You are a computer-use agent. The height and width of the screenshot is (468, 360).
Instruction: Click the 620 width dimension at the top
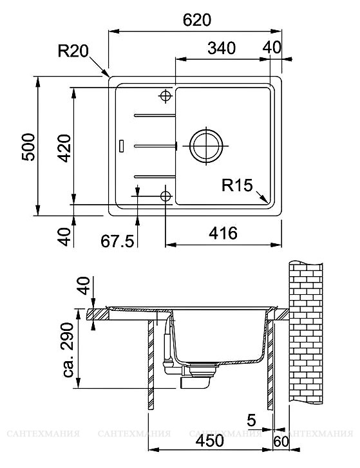196,21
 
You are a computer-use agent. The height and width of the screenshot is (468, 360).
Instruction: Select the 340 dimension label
222,48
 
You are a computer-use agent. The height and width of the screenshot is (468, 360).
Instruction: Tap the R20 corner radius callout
73,51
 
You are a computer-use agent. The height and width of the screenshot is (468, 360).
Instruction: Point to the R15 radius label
237,185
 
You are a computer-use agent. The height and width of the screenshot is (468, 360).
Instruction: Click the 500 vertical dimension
29,147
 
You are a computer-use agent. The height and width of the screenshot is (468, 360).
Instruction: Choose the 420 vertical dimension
64,148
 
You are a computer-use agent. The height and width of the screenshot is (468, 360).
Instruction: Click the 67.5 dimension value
117,241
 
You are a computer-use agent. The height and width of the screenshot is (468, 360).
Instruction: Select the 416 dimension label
223,233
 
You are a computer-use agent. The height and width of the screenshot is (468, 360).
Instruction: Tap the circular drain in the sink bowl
206,146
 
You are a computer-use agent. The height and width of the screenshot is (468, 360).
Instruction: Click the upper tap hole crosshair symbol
165,96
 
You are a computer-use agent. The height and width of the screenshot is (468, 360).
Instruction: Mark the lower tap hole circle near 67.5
165,196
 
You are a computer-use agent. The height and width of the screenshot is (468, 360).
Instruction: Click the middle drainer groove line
155,146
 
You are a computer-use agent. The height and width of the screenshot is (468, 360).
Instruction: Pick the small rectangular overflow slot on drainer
122,145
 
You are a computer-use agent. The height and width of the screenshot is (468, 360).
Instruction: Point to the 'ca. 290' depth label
68,350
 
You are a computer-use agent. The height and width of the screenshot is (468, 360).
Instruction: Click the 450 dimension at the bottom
209,440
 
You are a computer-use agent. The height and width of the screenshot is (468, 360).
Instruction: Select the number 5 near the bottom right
251,420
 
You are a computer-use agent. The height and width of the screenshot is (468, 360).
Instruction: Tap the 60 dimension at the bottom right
281,442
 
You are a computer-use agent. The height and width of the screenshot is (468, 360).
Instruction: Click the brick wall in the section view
306,332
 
